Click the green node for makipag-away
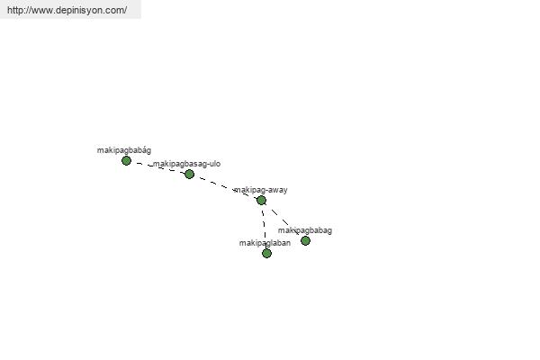point(261,200)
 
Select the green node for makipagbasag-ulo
point(189,174)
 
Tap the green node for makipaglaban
point(266,253)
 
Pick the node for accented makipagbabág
point(126,160)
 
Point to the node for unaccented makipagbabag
point(305,240)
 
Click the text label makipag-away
point(261,190)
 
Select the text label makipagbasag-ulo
point(186,164)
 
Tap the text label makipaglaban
point(265,243)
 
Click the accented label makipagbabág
point(124,150)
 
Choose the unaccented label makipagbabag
point(305,230)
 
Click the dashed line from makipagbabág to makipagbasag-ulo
point(157,167)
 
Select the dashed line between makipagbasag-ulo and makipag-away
point(225,186)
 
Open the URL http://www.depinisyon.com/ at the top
point(67,10)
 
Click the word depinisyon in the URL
point(78,10)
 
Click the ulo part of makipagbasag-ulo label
point(213,164)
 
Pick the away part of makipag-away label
point(275,190)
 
